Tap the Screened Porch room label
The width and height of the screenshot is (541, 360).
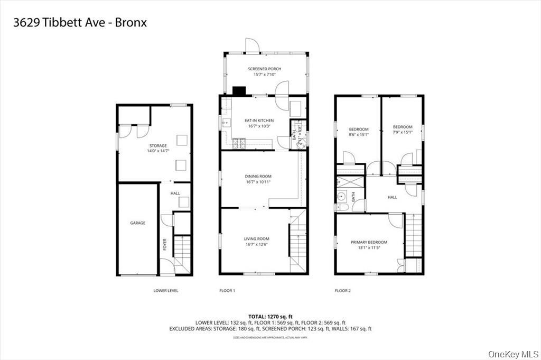click(264, 69)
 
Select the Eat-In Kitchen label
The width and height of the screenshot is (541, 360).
click(259, 121)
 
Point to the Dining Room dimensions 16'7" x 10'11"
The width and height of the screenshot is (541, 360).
click(258, 182)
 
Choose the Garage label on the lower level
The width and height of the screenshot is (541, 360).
click(137, 223)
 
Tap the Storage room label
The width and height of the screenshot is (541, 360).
click(157, 145)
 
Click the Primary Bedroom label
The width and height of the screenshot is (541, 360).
click(369, 242)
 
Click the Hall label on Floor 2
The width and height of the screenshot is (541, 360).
click(392, 197)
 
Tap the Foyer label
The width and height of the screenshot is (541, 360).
click(165, 244)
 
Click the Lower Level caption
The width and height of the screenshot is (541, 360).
click(165, 291)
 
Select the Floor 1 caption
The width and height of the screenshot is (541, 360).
click(227, 291)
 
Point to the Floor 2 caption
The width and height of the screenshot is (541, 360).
click(342, 291)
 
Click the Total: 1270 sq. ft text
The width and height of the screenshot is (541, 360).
click(270, 316)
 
